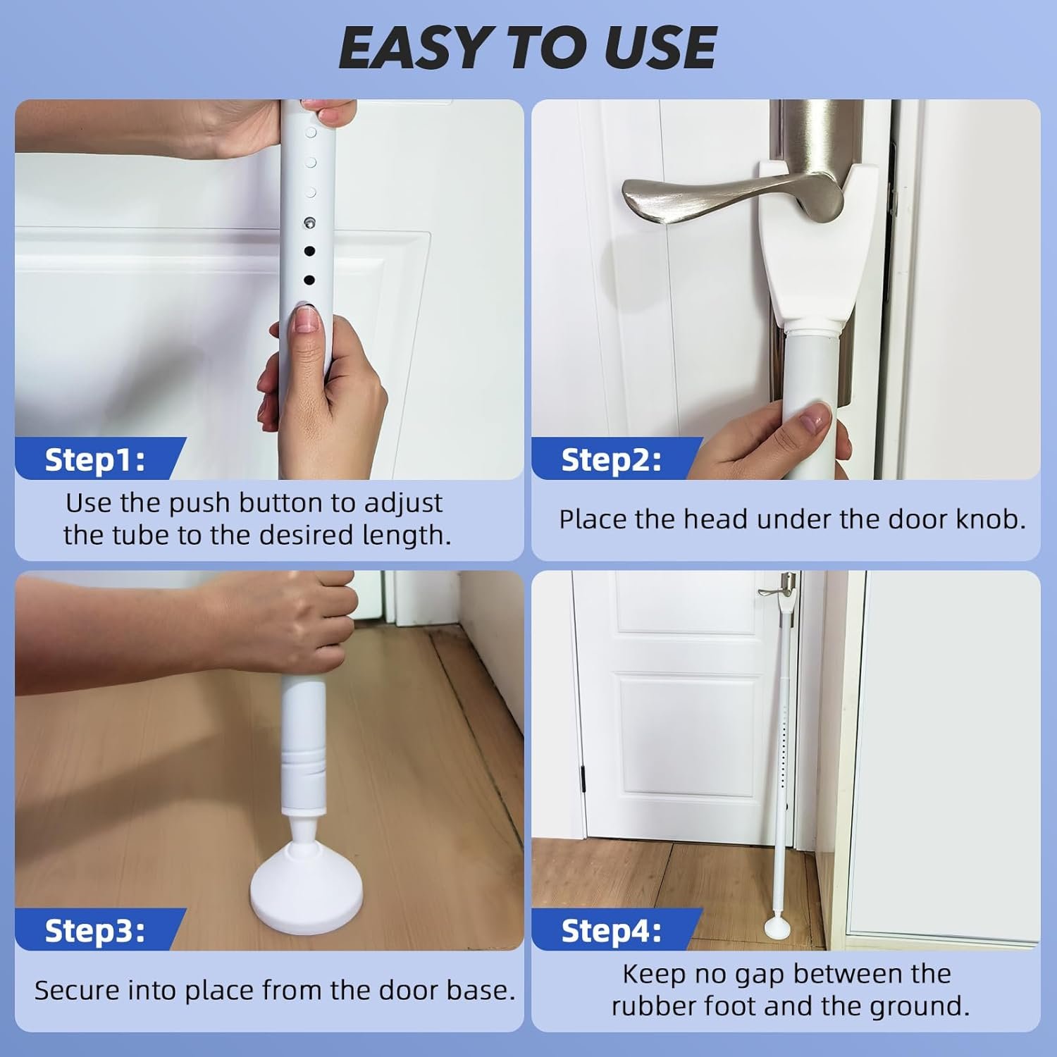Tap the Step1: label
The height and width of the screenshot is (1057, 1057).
(95, 459)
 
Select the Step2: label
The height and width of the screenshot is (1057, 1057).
(612, 459)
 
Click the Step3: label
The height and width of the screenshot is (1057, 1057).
(95, 931)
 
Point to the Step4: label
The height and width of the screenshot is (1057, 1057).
(612, 931)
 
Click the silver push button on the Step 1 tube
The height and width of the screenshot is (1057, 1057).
(309, 223)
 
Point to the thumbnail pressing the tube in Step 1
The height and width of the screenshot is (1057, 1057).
(304, 321)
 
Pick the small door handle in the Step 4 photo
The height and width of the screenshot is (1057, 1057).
(775, 591)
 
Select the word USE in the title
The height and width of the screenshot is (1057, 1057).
(660, 48)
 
